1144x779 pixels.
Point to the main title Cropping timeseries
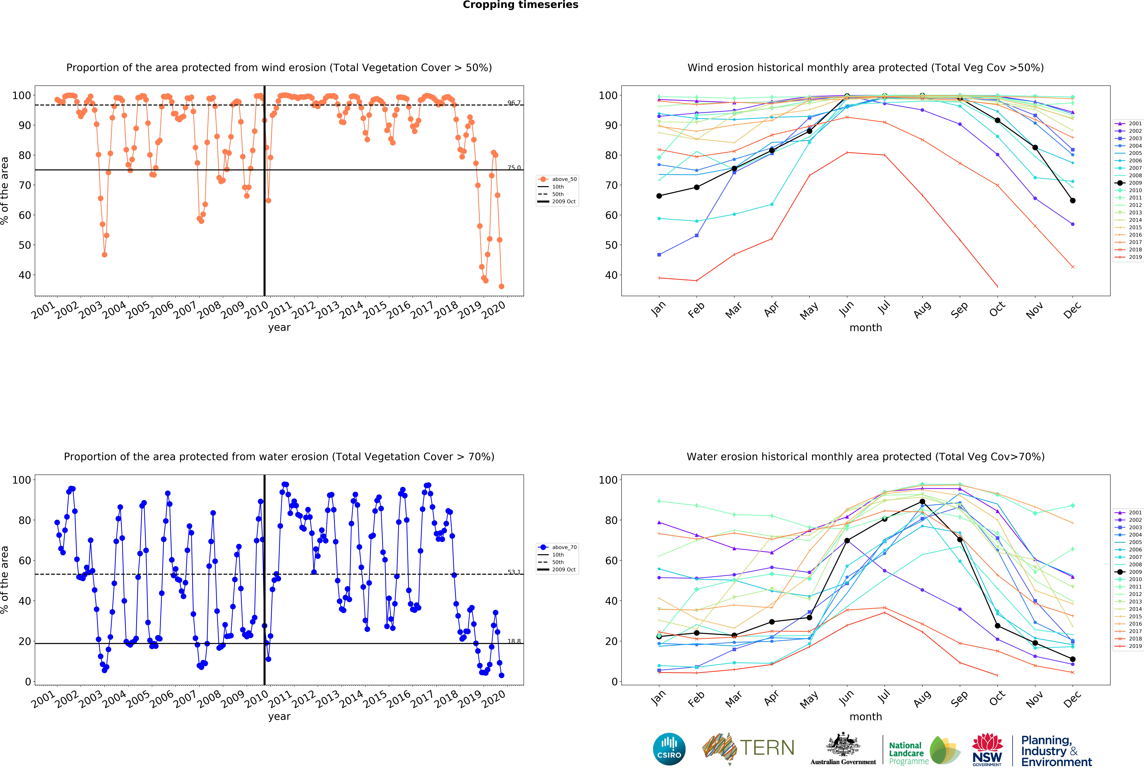point(520,5)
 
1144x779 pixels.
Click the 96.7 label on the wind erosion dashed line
point(514,103)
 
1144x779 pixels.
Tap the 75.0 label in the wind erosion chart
point(514,168)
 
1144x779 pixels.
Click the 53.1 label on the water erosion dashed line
point(514,572)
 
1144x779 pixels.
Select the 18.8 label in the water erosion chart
point(514,641)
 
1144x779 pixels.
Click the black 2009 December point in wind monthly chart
point(1073,201)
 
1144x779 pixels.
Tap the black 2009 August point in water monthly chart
point(922,502)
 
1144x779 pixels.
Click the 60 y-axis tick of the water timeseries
point(25,561)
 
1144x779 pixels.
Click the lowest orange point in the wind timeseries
point(502,286)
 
